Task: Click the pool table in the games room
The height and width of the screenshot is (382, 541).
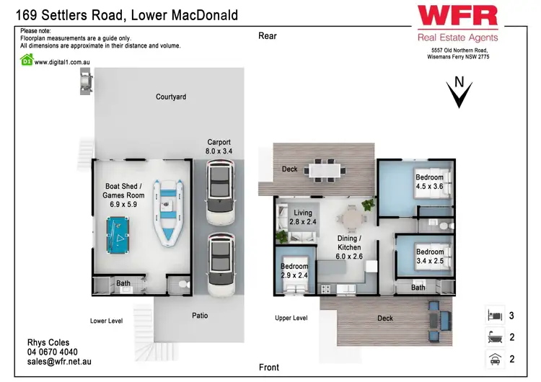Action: pyautogui.click(x=120, y=231)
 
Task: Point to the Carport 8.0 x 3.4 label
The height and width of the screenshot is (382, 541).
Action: pyautogui.click(x=219, y=146)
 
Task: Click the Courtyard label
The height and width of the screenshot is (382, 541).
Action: pyautogui.click(x=171, y=97)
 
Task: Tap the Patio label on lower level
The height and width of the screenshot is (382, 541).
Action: pyautogui.click(x=200, y=316)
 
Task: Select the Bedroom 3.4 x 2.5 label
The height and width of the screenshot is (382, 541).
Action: pyautogui.click(x=431, y=256)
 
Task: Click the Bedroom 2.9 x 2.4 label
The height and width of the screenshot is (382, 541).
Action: pyautogui.click(x=294, y=270)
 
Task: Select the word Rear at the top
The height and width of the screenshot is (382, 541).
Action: pyautogui.click(x=268, y=36)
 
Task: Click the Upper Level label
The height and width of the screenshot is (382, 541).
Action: pyautogui.click(x=291, y=318)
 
